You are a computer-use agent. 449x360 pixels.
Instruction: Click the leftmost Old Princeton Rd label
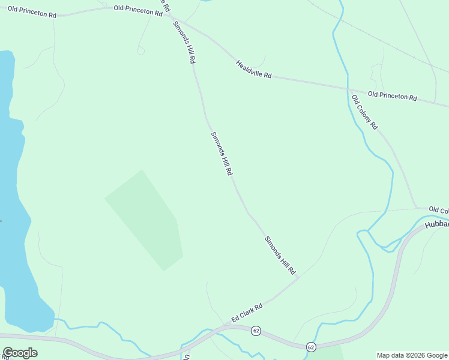click(x=28, y=11)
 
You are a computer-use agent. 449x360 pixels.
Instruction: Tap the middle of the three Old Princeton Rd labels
click(x=138, y=11)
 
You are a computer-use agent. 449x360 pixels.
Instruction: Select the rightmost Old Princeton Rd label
click(x=392, y=95)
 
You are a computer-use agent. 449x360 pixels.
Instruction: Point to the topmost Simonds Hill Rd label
click(x=184, y=43)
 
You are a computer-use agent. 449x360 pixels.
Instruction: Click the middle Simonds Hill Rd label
click(x=221, y=154)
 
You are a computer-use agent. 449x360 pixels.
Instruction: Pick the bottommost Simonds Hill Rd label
click(x=280, y=256)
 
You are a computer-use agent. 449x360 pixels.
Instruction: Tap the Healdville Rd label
click(x=254, y=69)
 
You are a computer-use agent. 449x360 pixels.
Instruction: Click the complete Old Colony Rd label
click(x=364, y=113)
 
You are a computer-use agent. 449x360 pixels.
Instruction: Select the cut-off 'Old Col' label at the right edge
click(x=438, y=210)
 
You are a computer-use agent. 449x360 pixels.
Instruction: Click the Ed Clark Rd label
click(x=247, y=314)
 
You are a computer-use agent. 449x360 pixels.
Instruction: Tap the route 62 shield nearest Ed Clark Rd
click(x=256, y=331)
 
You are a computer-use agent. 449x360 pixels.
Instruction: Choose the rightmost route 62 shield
click(x=310, y=347)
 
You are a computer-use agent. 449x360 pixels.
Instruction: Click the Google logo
click(x=20, y=353)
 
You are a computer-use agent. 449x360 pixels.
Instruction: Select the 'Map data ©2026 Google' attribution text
click(x=412, y=355)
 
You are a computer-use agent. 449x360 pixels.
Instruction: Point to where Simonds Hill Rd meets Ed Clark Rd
click(x=298, y=278)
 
